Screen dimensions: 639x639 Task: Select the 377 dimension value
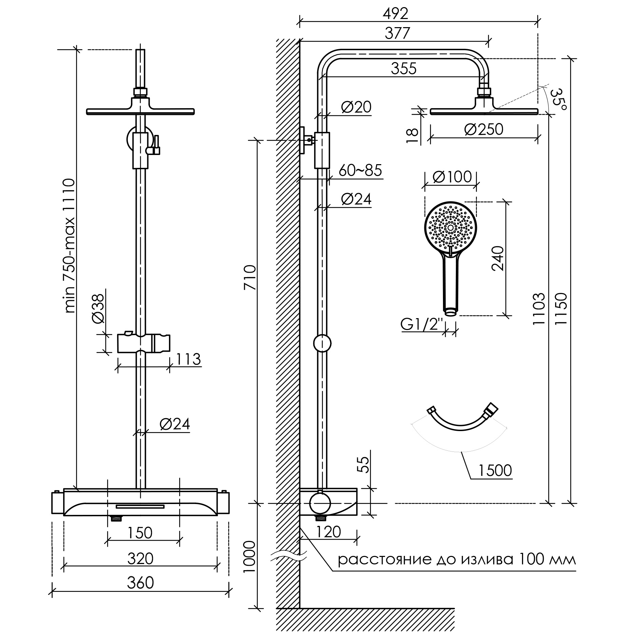[x=398, y=33]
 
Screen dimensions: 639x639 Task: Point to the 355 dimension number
[x=404, y=69]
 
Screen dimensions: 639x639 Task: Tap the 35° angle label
[x=558, y=99]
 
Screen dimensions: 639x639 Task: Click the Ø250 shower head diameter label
[x=484, y=129]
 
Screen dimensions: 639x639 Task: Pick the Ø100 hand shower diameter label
[x=452, y=177]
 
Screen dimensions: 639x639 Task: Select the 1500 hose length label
[x=495, y=470]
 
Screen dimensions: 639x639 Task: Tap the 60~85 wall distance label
[x=360, y=171]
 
